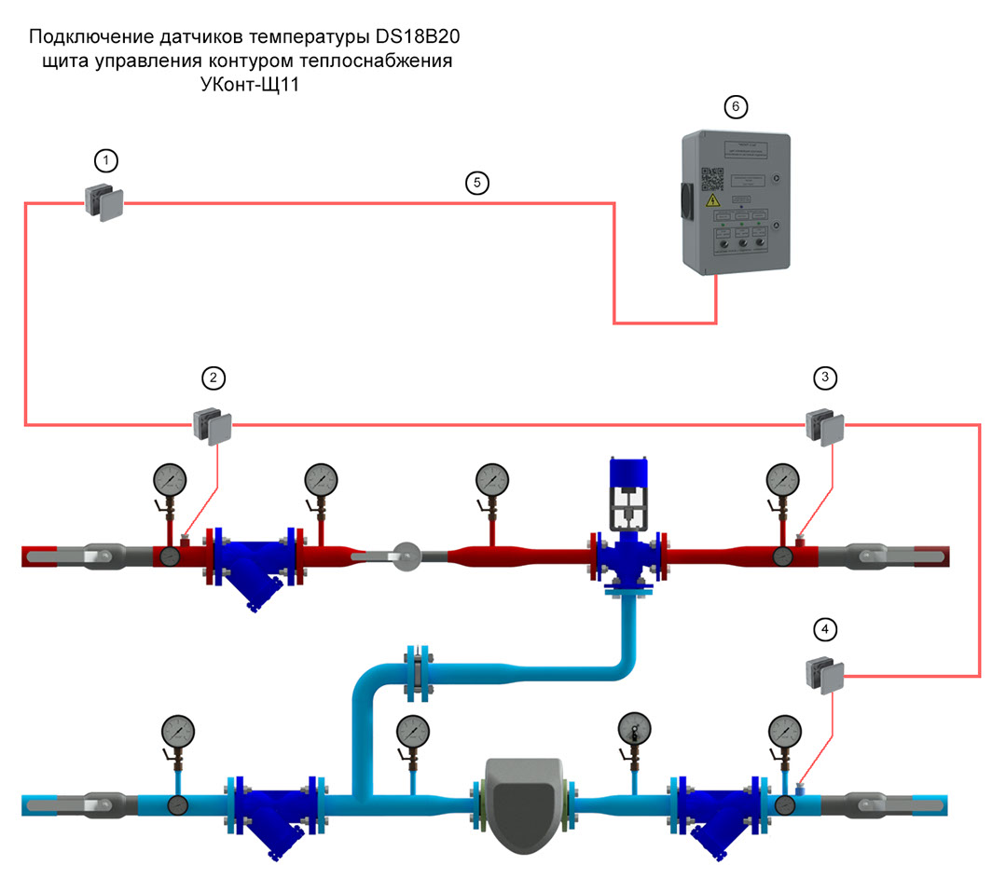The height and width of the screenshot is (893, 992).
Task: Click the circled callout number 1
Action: coord(109,161)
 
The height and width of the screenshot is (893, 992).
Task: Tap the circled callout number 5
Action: coord(476,183)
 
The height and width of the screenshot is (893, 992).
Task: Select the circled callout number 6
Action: coord(735,107)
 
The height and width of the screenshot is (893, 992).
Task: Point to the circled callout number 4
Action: coord(823,630)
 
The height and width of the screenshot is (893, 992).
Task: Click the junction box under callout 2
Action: coord(214,425)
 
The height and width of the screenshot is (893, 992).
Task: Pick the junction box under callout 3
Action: coord(824,426)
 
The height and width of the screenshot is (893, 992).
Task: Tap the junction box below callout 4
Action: coord(824,675)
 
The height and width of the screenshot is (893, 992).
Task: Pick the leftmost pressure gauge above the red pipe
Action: coord(171,481)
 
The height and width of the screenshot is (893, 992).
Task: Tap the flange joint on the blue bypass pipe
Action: coord(418,671)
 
